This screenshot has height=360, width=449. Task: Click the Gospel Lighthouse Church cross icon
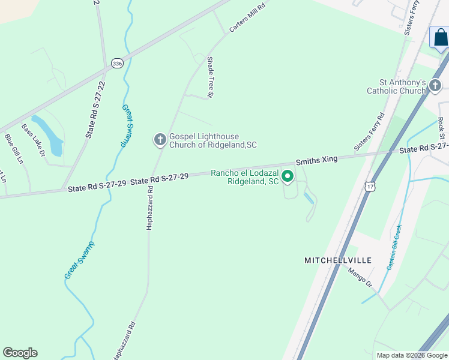click(x=160, y=140)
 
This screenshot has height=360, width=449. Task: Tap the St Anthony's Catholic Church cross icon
click(x=435, y=86)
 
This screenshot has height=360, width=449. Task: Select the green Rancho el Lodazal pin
click(x=288, y=176)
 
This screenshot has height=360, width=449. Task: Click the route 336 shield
click(x=117, y=63)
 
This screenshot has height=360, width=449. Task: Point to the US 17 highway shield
click(x=370, y=187)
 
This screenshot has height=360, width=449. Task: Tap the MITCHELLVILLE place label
click(x=338, y=260)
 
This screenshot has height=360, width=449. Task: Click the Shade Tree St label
click(x=211, y=76)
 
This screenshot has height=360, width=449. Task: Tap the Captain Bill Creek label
click(x=394, y=247)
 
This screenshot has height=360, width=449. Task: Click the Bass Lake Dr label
click(x=34, y=140)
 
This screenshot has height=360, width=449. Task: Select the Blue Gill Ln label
click(x=13, y=148)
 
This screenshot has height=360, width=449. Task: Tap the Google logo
click(x=20, y=353)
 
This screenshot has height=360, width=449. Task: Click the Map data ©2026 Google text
click(x=411, y=355)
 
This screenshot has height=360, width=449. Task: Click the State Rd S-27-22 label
click(x=95, y=110)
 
